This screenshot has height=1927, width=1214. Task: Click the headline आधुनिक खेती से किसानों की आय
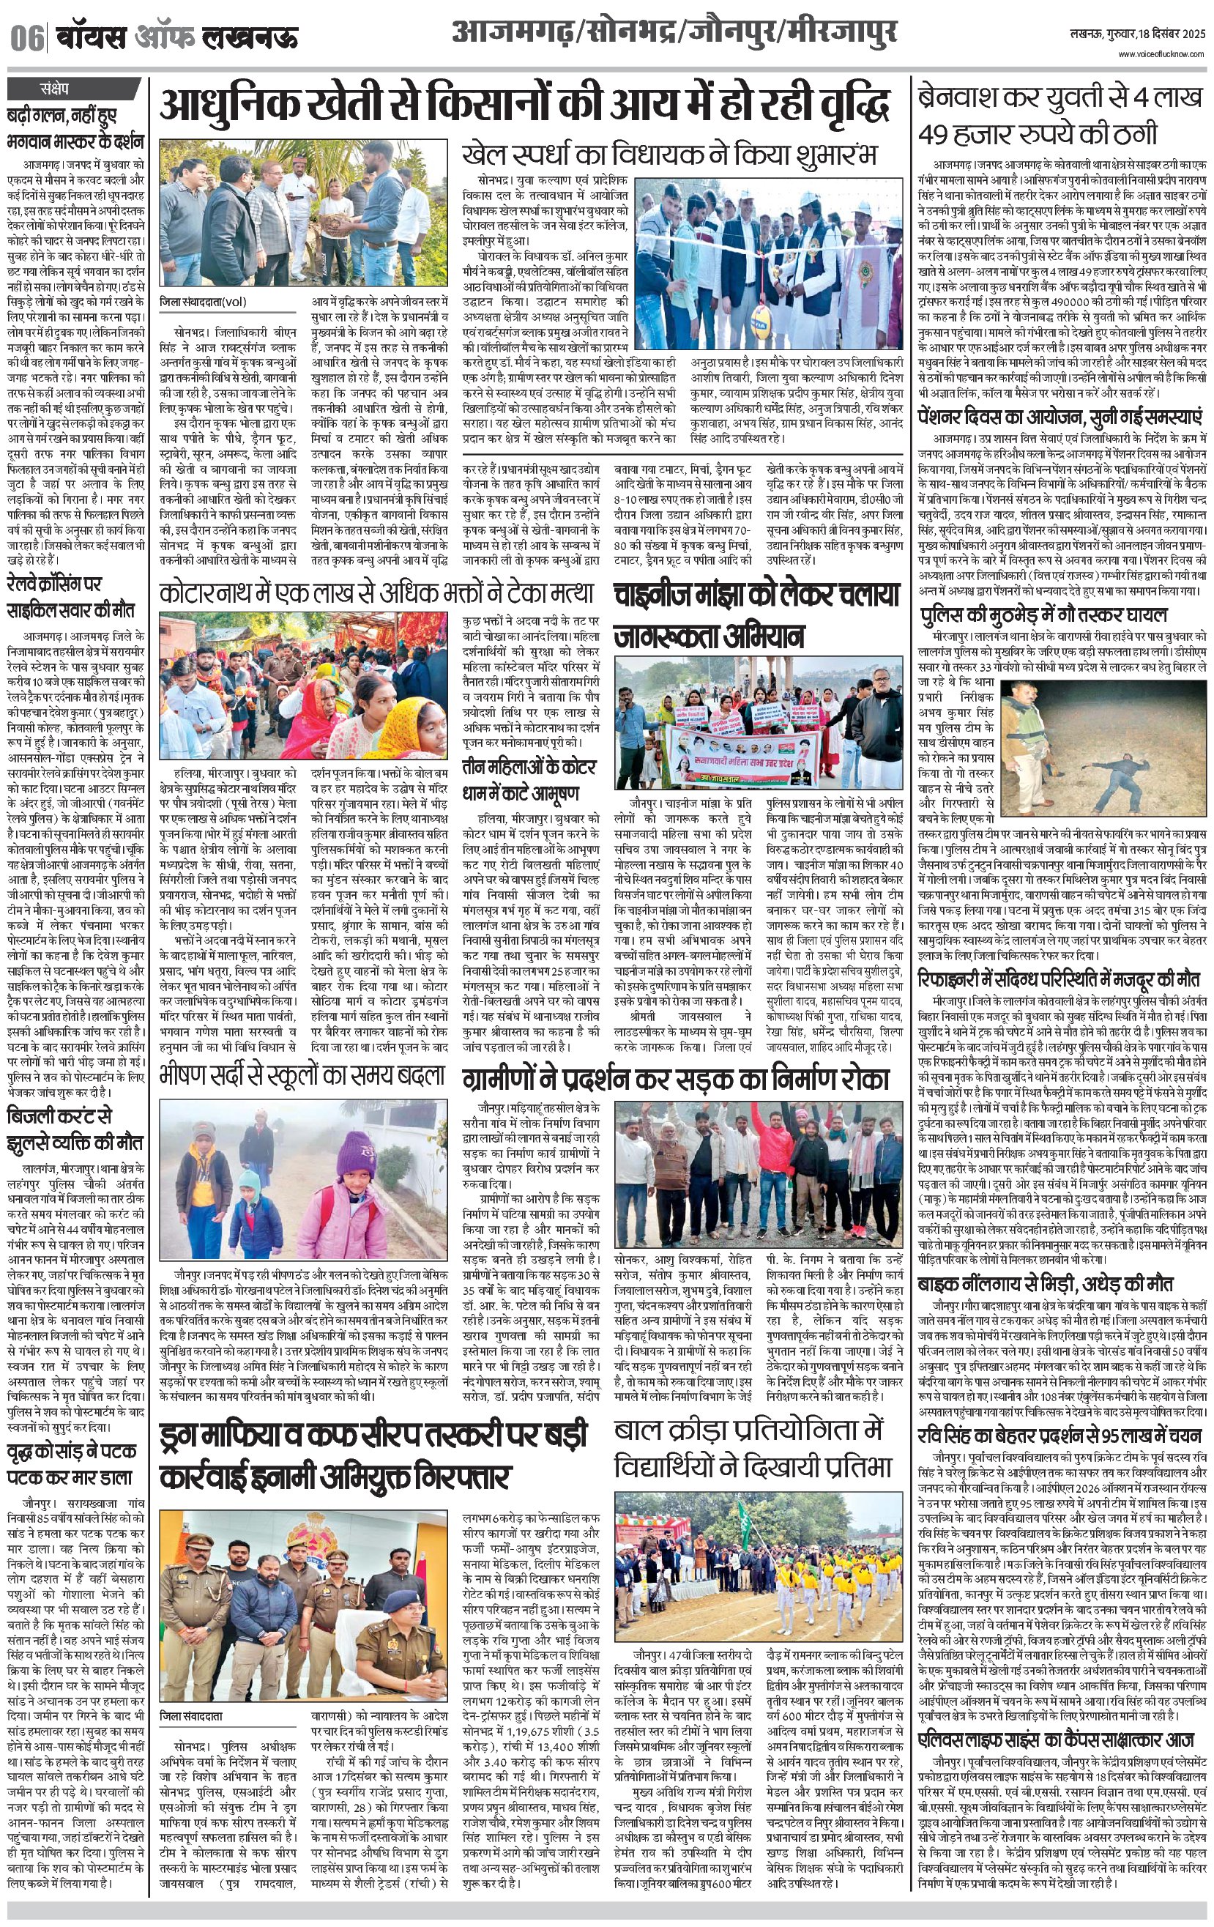524,105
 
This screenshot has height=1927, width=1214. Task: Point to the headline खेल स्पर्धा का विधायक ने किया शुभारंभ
670,154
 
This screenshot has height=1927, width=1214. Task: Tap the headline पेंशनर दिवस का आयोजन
1060,417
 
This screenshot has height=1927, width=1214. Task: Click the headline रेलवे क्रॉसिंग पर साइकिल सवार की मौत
70,596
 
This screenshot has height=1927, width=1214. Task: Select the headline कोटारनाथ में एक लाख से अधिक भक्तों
376,593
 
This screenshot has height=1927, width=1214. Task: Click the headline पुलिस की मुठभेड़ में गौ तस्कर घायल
1043,614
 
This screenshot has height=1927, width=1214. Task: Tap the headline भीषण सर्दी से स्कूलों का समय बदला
301,1073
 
